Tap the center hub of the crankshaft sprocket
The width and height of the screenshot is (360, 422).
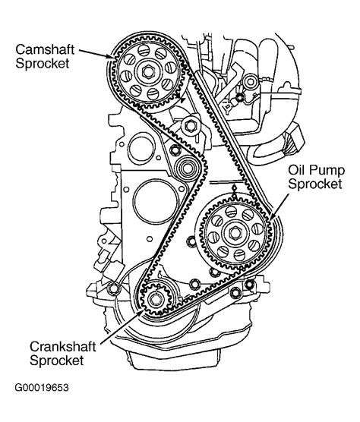[x=155, y=300]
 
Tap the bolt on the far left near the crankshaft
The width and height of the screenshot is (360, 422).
[x=115, y=288]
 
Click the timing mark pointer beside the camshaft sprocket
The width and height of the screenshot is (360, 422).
[x=182, y=99]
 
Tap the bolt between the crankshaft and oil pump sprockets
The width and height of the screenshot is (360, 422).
[x=196, y=285]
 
